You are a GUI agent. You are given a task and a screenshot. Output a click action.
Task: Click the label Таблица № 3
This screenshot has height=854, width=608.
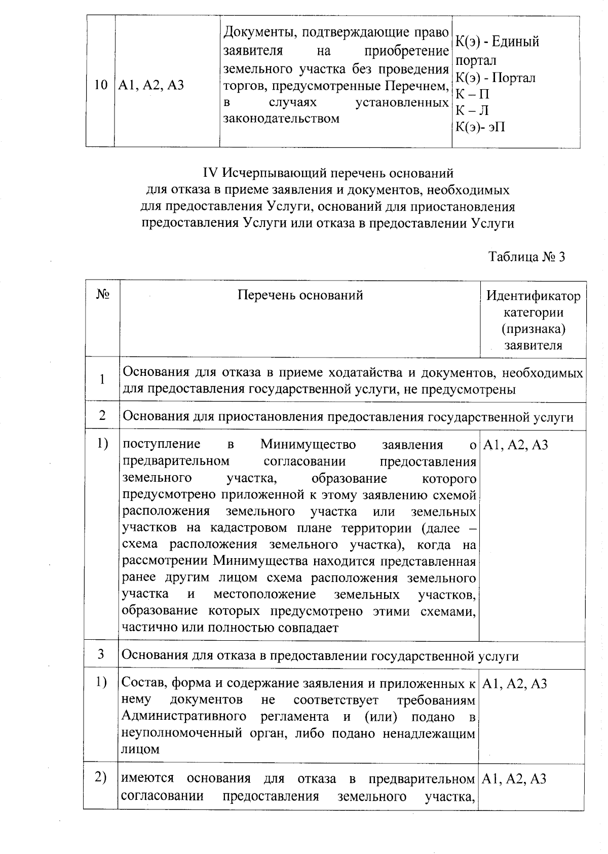[x=526, y=257]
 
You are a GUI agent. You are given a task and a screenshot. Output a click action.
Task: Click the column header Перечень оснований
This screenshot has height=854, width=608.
[x=300, y=295]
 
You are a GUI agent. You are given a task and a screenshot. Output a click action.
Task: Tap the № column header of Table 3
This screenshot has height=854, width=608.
[x=103, y=294]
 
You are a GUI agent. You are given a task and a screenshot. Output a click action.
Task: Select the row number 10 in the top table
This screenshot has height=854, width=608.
[x=100, y=85]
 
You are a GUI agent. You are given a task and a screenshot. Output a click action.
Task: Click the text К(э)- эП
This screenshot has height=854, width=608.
[x=480, y=127]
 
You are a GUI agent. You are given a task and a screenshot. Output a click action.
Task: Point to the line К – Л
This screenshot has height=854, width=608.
[x=472, y=110]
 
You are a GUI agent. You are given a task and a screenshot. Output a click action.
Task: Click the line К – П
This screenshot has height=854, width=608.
[x=472, y=94]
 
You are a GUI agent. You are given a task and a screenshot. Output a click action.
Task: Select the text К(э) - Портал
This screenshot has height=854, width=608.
[x=496, y=77]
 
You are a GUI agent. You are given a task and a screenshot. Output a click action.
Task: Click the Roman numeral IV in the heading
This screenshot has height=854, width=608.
[x=210, y=173]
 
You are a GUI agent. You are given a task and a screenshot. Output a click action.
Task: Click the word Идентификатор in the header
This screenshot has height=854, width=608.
[x=533, y=296]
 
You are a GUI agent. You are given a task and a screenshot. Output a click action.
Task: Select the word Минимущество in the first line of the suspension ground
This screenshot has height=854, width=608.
[x=308, y=445]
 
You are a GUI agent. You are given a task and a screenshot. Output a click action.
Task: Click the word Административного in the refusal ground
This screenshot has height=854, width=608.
[x=184, y=717]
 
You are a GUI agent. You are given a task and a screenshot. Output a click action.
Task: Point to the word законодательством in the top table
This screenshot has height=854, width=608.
[x=281, y=119]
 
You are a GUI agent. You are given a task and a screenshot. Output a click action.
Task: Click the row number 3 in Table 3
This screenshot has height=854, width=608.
[x=101, y=654]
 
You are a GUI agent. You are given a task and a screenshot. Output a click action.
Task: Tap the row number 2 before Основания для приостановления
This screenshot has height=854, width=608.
[x=102, y=416]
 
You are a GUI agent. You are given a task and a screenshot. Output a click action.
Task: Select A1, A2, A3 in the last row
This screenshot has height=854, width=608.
[x=514, y=779]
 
